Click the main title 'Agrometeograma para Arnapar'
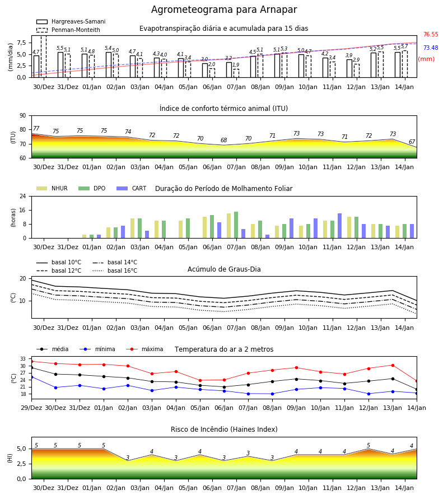click(224, 10)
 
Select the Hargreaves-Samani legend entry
click(71, 21)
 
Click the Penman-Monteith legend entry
click(68, 30)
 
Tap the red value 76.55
click(431, 34)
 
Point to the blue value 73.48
click(431, 48)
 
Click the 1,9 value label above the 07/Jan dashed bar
click(236, 65)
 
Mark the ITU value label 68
click(223, 140)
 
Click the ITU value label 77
click(36, 129)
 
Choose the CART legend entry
click(132, 188)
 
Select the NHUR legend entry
click(52, 188)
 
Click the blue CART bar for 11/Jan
click(340, 226)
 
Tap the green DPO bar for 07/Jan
click(236, 225)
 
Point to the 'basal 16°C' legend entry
click(115, 270)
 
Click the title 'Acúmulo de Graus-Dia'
click(224, 269)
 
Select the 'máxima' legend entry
click(144, 349)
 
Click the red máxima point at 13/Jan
click(393, 365)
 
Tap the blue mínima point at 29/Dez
click(31, 377)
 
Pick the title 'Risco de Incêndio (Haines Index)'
click(224, 430)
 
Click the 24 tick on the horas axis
click(23, 196)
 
